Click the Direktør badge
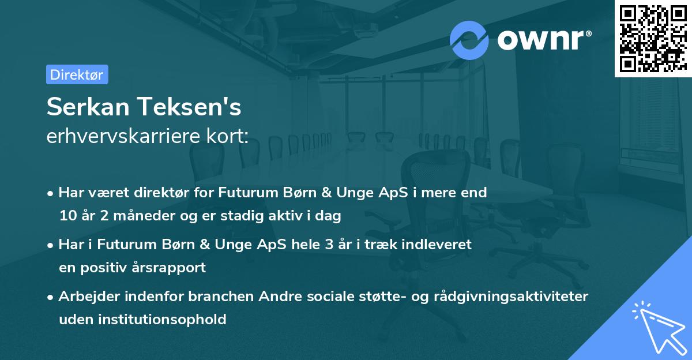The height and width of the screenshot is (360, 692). (x=77, y=74)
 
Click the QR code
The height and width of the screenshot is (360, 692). (x=652, y=38)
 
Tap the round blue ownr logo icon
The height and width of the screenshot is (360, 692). (x=469, y=40)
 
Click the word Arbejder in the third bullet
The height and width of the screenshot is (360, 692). (x=84, y=297)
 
